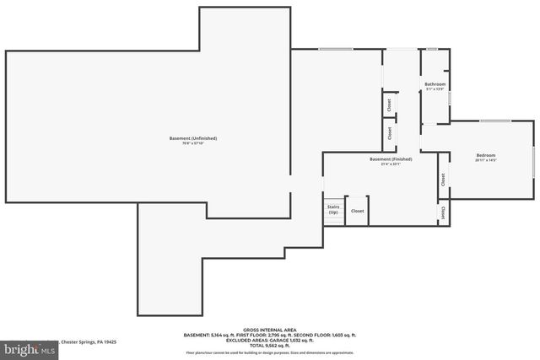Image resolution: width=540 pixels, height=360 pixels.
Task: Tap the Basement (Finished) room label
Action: pyautogui.click(x=391, y=159)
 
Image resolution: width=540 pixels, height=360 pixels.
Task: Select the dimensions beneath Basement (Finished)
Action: pyautogui.click(x=391, y=164)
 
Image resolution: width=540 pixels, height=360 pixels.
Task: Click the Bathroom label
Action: pyautogui.click(x=435, y=84)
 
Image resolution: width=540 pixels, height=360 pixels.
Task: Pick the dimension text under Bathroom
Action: pyautogui.click(x=435, y=89)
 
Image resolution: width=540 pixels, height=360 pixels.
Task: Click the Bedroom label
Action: pyautogui.click(x=486, y=155)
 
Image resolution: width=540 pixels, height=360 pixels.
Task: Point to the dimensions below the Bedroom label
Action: pyautogui.click(x=486, y=160)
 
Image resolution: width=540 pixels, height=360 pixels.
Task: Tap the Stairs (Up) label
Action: pyautogui.click(x=333, y=209)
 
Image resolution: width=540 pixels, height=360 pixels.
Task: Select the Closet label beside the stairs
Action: pyautogui.click(x=358, y=211)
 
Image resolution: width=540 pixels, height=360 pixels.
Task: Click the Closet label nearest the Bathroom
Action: pyautogui.click(x=389, y=105)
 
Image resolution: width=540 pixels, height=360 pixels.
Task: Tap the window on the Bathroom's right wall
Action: pyautogui.click(x=450, y=98)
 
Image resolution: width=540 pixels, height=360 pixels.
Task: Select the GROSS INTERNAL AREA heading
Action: pyautogui.click(x=270, y=330)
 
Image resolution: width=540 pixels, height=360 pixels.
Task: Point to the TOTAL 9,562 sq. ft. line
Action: pyautogui.click(x=270, y=345)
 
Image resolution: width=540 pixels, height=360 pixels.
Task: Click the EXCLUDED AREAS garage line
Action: pyautogui.click(x=270, y=340)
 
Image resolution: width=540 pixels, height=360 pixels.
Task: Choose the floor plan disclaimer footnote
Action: pyautogui.click(x=270, y=352)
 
